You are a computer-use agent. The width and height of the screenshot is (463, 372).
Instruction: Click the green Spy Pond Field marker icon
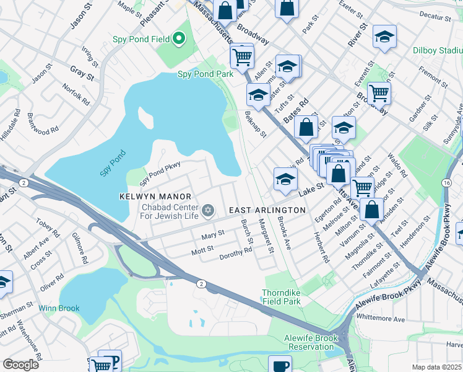click(x=179, y=39)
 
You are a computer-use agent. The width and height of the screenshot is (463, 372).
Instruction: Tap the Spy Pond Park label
click(x=206, y=74)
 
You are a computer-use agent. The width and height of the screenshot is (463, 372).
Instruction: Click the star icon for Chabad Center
click(x=208, y=211)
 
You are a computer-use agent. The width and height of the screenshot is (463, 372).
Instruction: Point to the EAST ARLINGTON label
click(x=267, y=211)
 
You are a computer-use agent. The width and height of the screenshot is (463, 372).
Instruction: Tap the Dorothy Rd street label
click(x=236, y=251)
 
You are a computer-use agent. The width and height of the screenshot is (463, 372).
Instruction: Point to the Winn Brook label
click(x=60, y=308)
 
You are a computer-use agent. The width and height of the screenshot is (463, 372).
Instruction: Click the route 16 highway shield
click(x=446, y=184)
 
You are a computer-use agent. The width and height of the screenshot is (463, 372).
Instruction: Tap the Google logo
click(x=20, y=365)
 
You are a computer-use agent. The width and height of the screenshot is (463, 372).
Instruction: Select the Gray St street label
click(x=81, y=74)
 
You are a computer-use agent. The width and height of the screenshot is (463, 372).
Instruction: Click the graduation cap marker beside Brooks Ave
click(x=285, y=180)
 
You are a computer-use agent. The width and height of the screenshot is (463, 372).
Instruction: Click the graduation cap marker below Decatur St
click(x=384, y=37)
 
